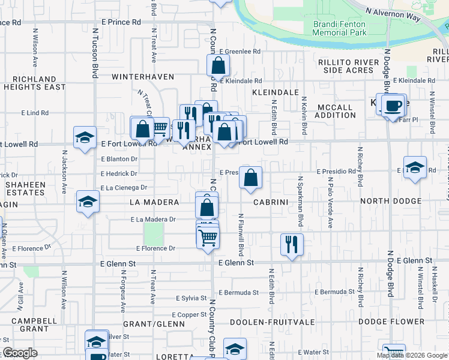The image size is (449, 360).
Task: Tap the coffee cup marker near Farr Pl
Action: click(393, 106)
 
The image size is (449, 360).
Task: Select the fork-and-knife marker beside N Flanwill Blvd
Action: click(292, 244)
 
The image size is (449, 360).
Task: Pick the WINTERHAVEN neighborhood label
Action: click(142, 77)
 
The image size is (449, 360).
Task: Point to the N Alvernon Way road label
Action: click(393, 12)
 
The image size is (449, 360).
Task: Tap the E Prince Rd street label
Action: click(121, 22)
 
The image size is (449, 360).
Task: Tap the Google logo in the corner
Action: click(20, 353)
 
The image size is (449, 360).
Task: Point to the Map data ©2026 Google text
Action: click(412, 355)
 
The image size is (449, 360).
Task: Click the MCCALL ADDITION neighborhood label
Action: click(334, 111)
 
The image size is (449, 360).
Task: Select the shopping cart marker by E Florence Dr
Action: click(208, 237)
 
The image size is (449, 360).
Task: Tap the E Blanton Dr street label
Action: click(119, 159)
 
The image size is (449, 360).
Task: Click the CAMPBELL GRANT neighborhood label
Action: click(29, 325)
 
